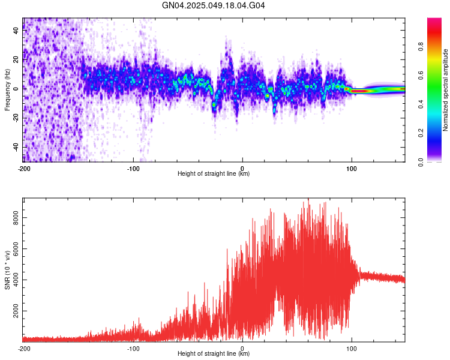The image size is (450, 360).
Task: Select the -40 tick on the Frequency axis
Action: pos(17,146)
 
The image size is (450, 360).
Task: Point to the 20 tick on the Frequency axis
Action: pos(17,59)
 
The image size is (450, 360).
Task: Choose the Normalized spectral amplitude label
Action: pos(446,90)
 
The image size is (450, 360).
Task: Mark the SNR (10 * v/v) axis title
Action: pos(8,269)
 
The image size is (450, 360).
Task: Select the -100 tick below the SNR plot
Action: pos(133,348)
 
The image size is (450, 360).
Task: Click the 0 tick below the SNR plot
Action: pos(242,348)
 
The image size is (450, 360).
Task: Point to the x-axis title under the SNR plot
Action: pos(214,354)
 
